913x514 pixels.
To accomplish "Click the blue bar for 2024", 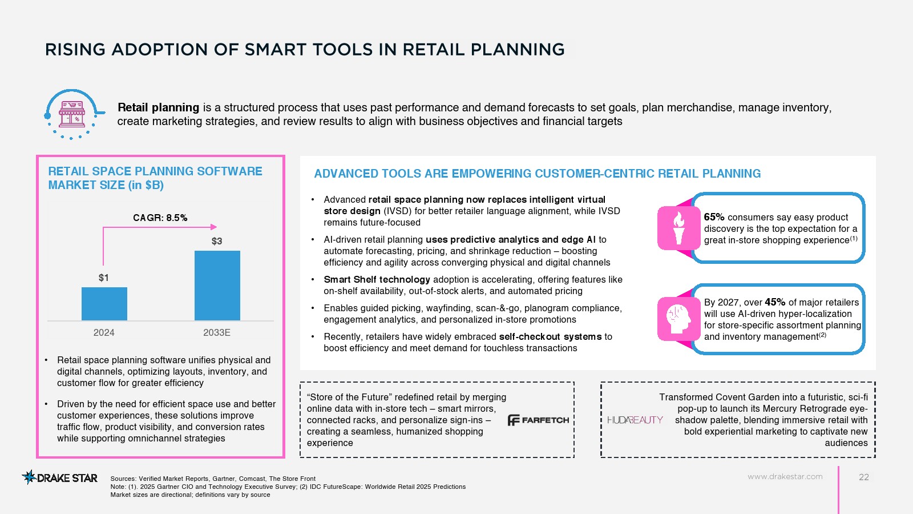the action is [104, 304].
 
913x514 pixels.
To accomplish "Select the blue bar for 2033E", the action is [217, 286].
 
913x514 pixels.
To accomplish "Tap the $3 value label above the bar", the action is [217, 241].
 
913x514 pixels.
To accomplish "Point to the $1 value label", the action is [103, 278].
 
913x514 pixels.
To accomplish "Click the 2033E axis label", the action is [217, 332].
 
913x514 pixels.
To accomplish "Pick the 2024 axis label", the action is [104, 332].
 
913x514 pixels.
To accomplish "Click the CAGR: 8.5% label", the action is [160, 218].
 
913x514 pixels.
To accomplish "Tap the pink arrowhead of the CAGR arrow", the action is [213, 227].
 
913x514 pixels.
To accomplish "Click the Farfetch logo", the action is [538, 420].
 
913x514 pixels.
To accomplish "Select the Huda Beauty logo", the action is [635, 420].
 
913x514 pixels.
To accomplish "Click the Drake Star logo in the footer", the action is [59, 477].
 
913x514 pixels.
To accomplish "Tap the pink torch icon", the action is [678, 228].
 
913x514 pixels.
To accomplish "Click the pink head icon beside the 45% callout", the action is [678, 319].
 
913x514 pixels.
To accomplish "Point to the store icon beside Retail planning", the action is [72, 114].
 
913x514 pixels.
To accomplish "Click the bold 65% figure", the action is [714, 217].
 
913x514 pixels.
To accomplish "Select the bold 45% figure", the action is [775, 302].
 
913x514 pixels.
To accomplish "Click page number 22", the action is [864, 477].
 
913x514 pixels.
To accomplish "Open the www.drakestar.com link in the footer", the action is [785, 476].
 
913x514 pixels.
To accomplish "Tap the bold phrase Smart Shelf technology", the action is [377, 279].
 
